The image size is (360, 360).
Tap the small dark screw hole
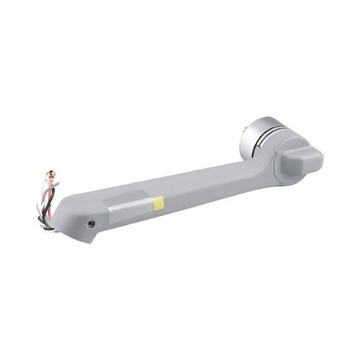90,223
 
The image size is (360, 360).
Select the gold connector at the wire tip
52,177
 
